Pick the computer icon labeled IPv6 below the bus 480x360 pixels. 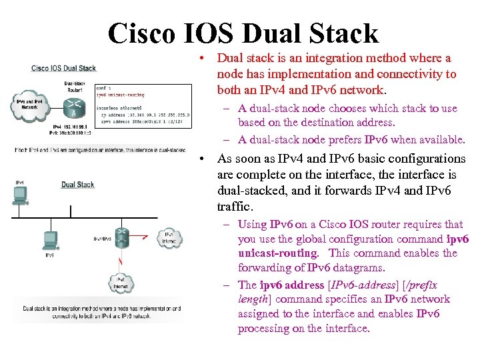coord(50,239)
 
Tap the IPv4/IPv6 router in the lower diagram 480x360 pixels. coord(121,237)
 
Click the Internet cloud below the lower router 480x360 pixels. coord(121,283)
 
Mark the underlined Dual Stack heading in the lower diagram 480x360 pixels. coord(78,185)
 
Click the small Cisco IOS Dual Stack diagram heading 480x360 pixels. coord(64,68)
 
